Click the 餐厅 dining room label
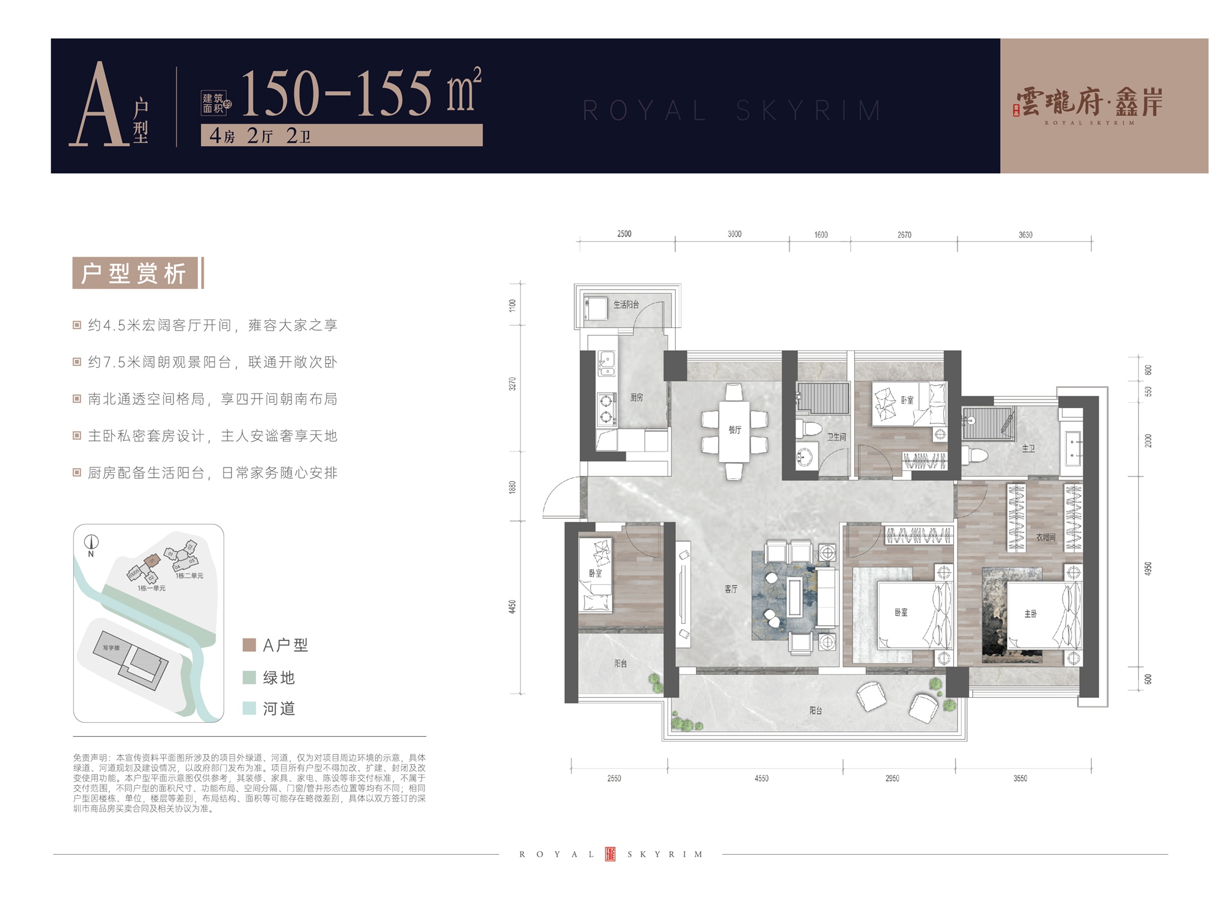pos(734,430)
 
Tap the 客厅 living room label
pos(731,589)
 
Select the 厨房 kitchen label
pos(637,397)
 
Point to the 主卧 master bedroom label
pos(1030,613)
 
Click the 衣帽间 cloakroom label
pos(1045,537)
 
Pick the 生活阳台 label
pos(626,304)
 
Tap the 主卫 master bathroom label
pos(1028,448)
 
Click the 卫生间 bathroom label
pos(836,437)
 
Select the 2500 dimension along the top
pos(624,234)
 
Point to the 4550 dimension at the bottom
pos(761,778)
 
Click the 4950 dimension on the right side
pos(1147,569)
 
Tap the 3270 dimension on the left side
pos(513,384)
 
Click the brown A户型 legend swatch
pos(249,645)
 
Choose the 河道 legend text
pos(279,709)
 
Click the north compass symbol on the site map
pos(92,543)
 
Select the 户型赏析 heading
pos(134,273)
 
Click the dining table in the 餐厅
pos(734,431)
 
